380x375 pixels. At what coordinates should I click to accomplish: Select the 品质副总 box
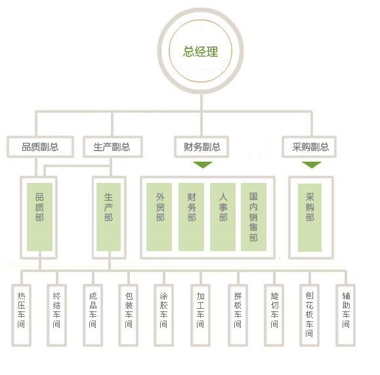[x=40, y=147]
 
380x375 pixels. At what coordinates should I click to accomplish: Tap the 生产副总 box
[x=113, y=147]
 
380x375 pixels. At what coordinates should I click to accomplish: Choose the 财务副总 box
[x=201, y=147]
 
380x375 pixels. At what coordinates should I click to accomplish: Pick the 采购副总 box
[x=309, y=147]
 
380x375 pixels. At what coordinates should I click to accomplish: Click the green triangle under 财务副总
[x=203, y=165]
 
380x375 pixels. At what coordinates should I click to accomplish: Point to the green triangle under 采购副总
[x=312, y=165]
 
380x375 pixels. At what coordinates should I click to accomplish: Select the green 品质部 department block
[x=40, y=217]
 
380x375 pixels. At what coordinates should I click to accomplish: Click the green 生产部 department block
[x=108, y=217]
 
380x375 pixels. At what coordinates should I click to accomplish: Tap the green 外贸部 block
[x=159, y=217]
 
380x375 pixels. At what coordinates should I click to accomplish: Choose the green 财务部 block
[x=191, y=217]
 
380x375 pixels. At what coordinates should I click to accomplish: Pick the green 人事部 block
[x=222, y=217]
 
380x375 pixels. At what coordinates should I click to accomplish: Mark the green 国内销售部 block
[x=254, y=217]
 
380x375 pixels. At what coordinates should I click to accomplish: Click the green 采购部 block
[x=310, y=218]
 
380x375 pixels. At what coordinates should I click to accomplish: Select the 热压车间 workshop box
[x=21, y=315]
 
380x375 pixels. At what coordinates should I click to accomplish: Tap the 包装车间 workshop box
[x=129, y=315]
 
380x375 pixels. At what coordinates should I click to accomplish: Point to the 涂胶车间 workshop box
[x=164, y=315]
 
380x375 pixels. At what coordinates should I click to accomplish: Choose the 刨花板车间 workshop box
[x=310, y=315]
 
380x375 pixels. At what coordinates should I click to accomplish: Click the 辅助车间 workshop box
[x=346, y=315]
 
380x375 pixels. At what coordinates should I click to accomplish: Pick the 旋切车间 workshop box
[x=274, y=315]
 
